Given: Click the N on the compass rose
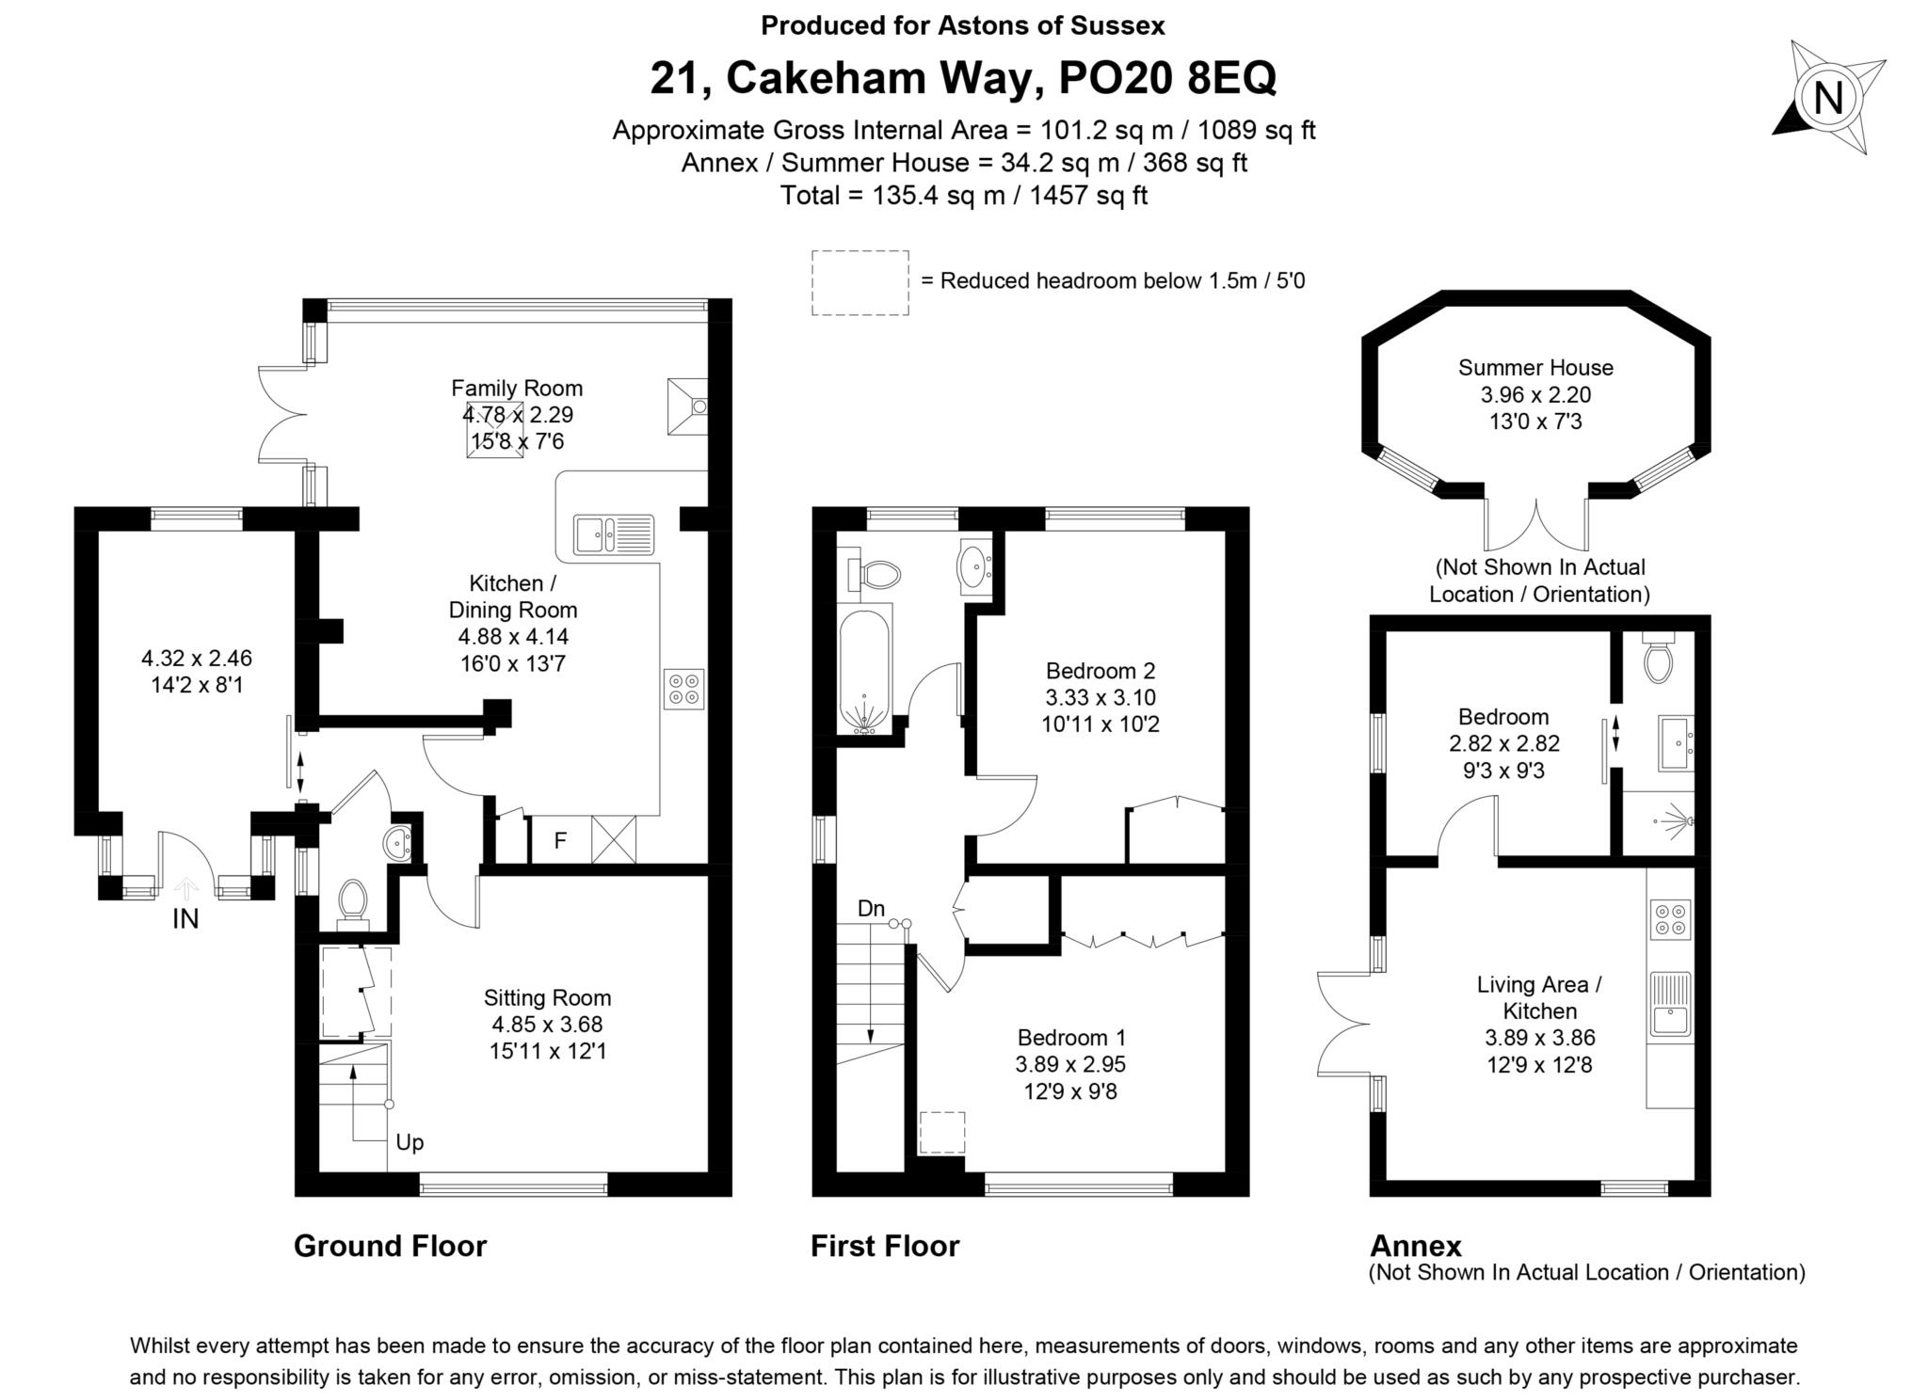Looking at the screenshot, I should click(1827, 98).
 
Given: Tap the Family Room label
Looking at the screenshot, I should click(516, 388).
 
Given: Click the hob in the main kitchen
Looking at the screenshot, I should click(683, 689).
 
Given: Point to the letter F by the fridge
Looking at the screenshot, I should click(560, 841).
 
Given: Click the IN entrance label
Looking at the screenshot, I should click(185, 919).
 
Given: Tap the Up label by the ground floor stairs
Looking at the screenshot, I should click(410, 1142).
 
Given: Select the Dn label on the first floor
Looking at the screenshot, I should click(871, 909).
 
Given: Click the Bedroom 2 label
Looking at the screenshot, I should click(1100, 671).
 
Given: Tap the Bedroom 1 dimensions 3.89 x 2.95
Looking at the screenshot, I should click(1070, 1064).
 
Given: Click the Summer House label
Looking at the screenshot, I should click(1535, 368).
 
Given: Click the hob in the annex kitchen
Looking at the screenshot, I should click(1671, 918).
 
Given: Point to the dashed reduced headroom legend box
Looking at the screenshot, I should click(860, 282).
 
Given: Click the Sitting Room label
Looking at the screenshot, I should click(547, 997).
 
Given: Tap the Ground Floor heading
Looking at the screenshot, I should click(390, 1246).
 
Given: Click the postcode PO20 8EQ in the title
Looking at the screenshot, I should click(1167, 78).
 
